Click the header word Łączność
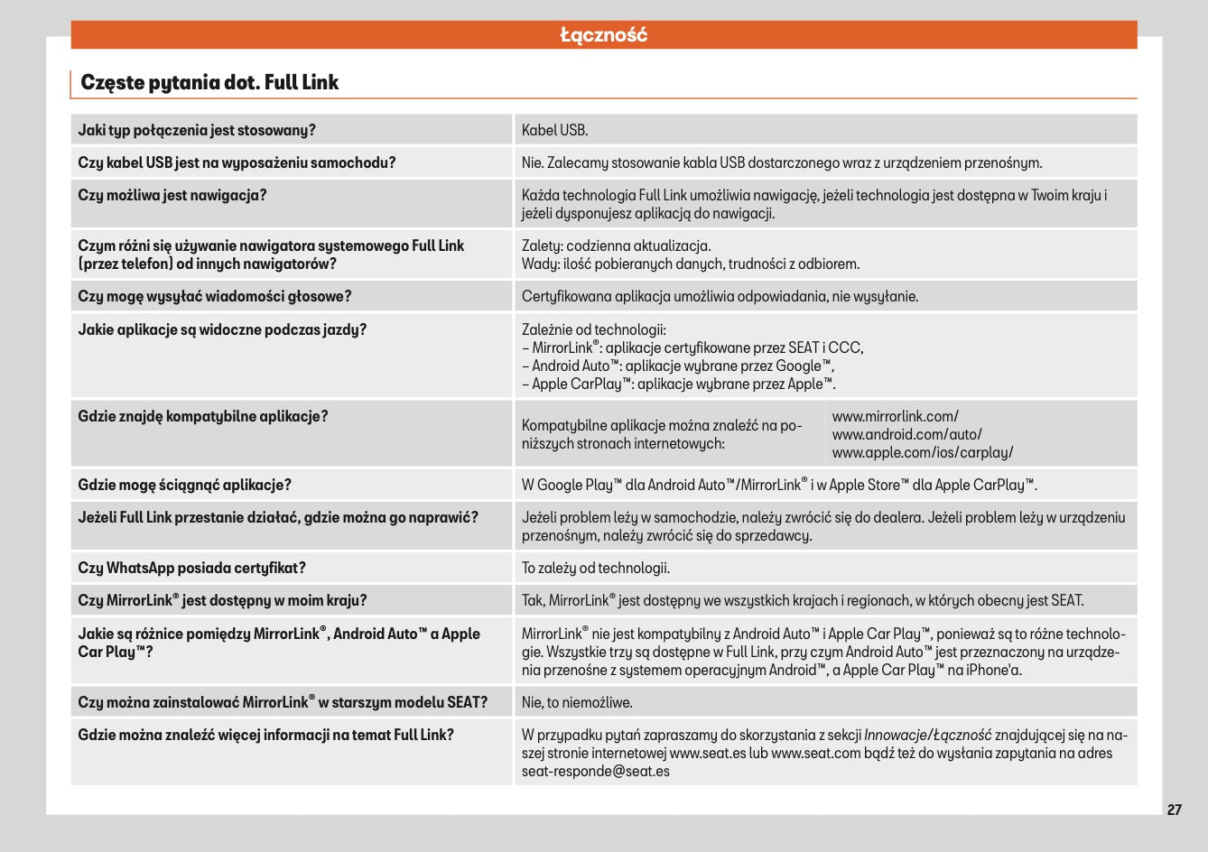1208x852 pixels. click(x=603, y=35)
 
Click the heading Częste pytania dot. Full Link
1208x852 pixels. click(x=209, y=82)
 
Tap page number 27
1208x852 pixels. click(x=1174, y=810)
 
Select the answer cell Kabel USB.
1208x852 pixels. click(x=554, y=130)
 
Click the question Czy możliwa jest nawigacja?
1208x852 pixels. click(x=172, y=195)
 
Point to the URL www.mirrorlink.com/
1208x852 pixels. click(x=895, y=416)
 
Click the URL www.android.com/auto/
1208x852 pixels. click(x=906, y=434)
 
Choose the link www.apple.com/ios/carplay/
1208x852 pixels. click(x=922, y=452)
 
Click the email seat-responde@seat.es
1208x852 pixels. click(x=595, y=771)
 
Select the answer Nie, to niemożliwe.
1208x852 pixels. click(x=577, y=702)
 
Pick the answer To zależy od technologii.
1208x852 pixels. click(x=595, y=568)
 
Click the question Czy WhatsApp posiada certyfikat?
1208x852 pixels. click(x=192, y=568)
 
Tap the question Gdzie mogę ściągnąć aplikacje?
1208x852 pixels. click(x=185, y=485)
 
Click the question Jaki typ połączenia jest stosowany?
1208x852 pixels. click(x=197, y=130)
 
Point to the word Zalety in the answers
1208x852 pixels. click(x=540, y=245)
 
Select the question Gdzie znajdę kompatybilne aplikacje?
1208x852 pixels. click(x=203, y=416)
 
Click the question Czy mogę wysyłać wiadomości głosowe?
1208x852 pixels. click(x=215, y=296)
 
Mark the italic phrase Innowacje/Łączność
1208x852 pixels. click(x=927, y=735)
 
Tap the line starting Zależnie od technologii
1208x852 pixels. click(x=593, y=329)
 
